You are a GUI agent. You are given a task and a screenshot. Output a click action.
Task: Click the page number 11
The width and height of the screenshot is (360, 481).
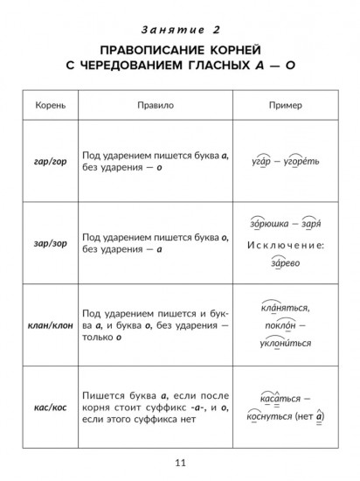(x=180, y=462)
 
